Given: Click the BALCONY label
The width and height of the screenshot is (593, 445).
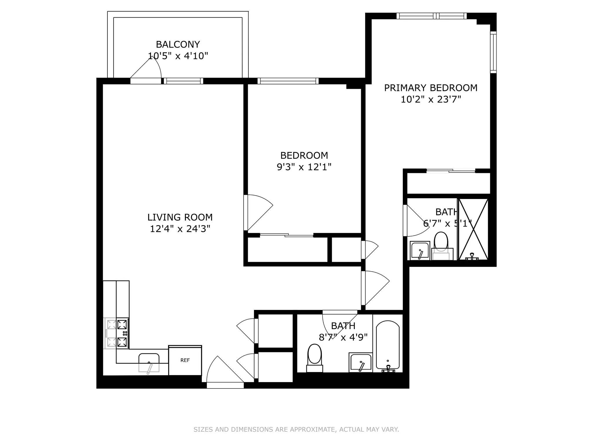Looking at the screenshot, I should point(178,44).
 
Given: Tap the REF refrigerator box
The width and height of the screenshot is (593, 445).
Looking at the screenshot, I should point(185,360).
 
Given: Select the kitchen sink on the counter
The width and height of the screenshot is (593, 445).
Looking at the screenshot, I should point(149,362).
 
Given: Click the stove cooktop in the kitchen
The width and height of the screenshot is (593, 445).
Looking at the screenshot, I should point(122,333).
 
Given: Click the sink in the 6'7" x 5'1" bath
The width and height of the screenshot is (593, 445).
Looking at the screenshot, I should point(420,251).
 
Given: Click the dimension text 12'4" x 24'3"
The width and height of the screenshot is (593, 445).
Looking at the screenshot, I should point(180,229).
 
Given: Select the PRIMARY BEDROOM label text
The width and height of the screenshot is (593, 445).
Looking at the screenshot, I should point(431,88).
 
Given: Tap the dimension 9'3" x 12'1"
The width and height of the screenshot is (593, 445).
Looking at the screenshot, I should point(304,167).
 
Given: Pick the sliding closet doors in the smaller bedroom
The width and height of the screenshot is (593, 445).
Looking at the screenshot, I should point(287,235).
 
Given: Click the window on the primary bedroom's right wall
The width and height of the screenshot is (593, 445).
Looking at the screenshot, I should point(493,52).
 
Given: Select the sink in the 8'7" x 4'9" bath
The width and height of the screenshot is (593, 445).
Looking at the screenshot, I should point(360,362).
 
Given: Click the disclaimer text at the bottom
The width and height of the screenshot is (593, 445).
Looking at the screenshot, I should point(296,429).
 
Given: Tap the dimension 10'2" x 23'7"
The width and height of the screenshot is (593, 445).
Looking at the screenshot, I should point(431,100).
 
